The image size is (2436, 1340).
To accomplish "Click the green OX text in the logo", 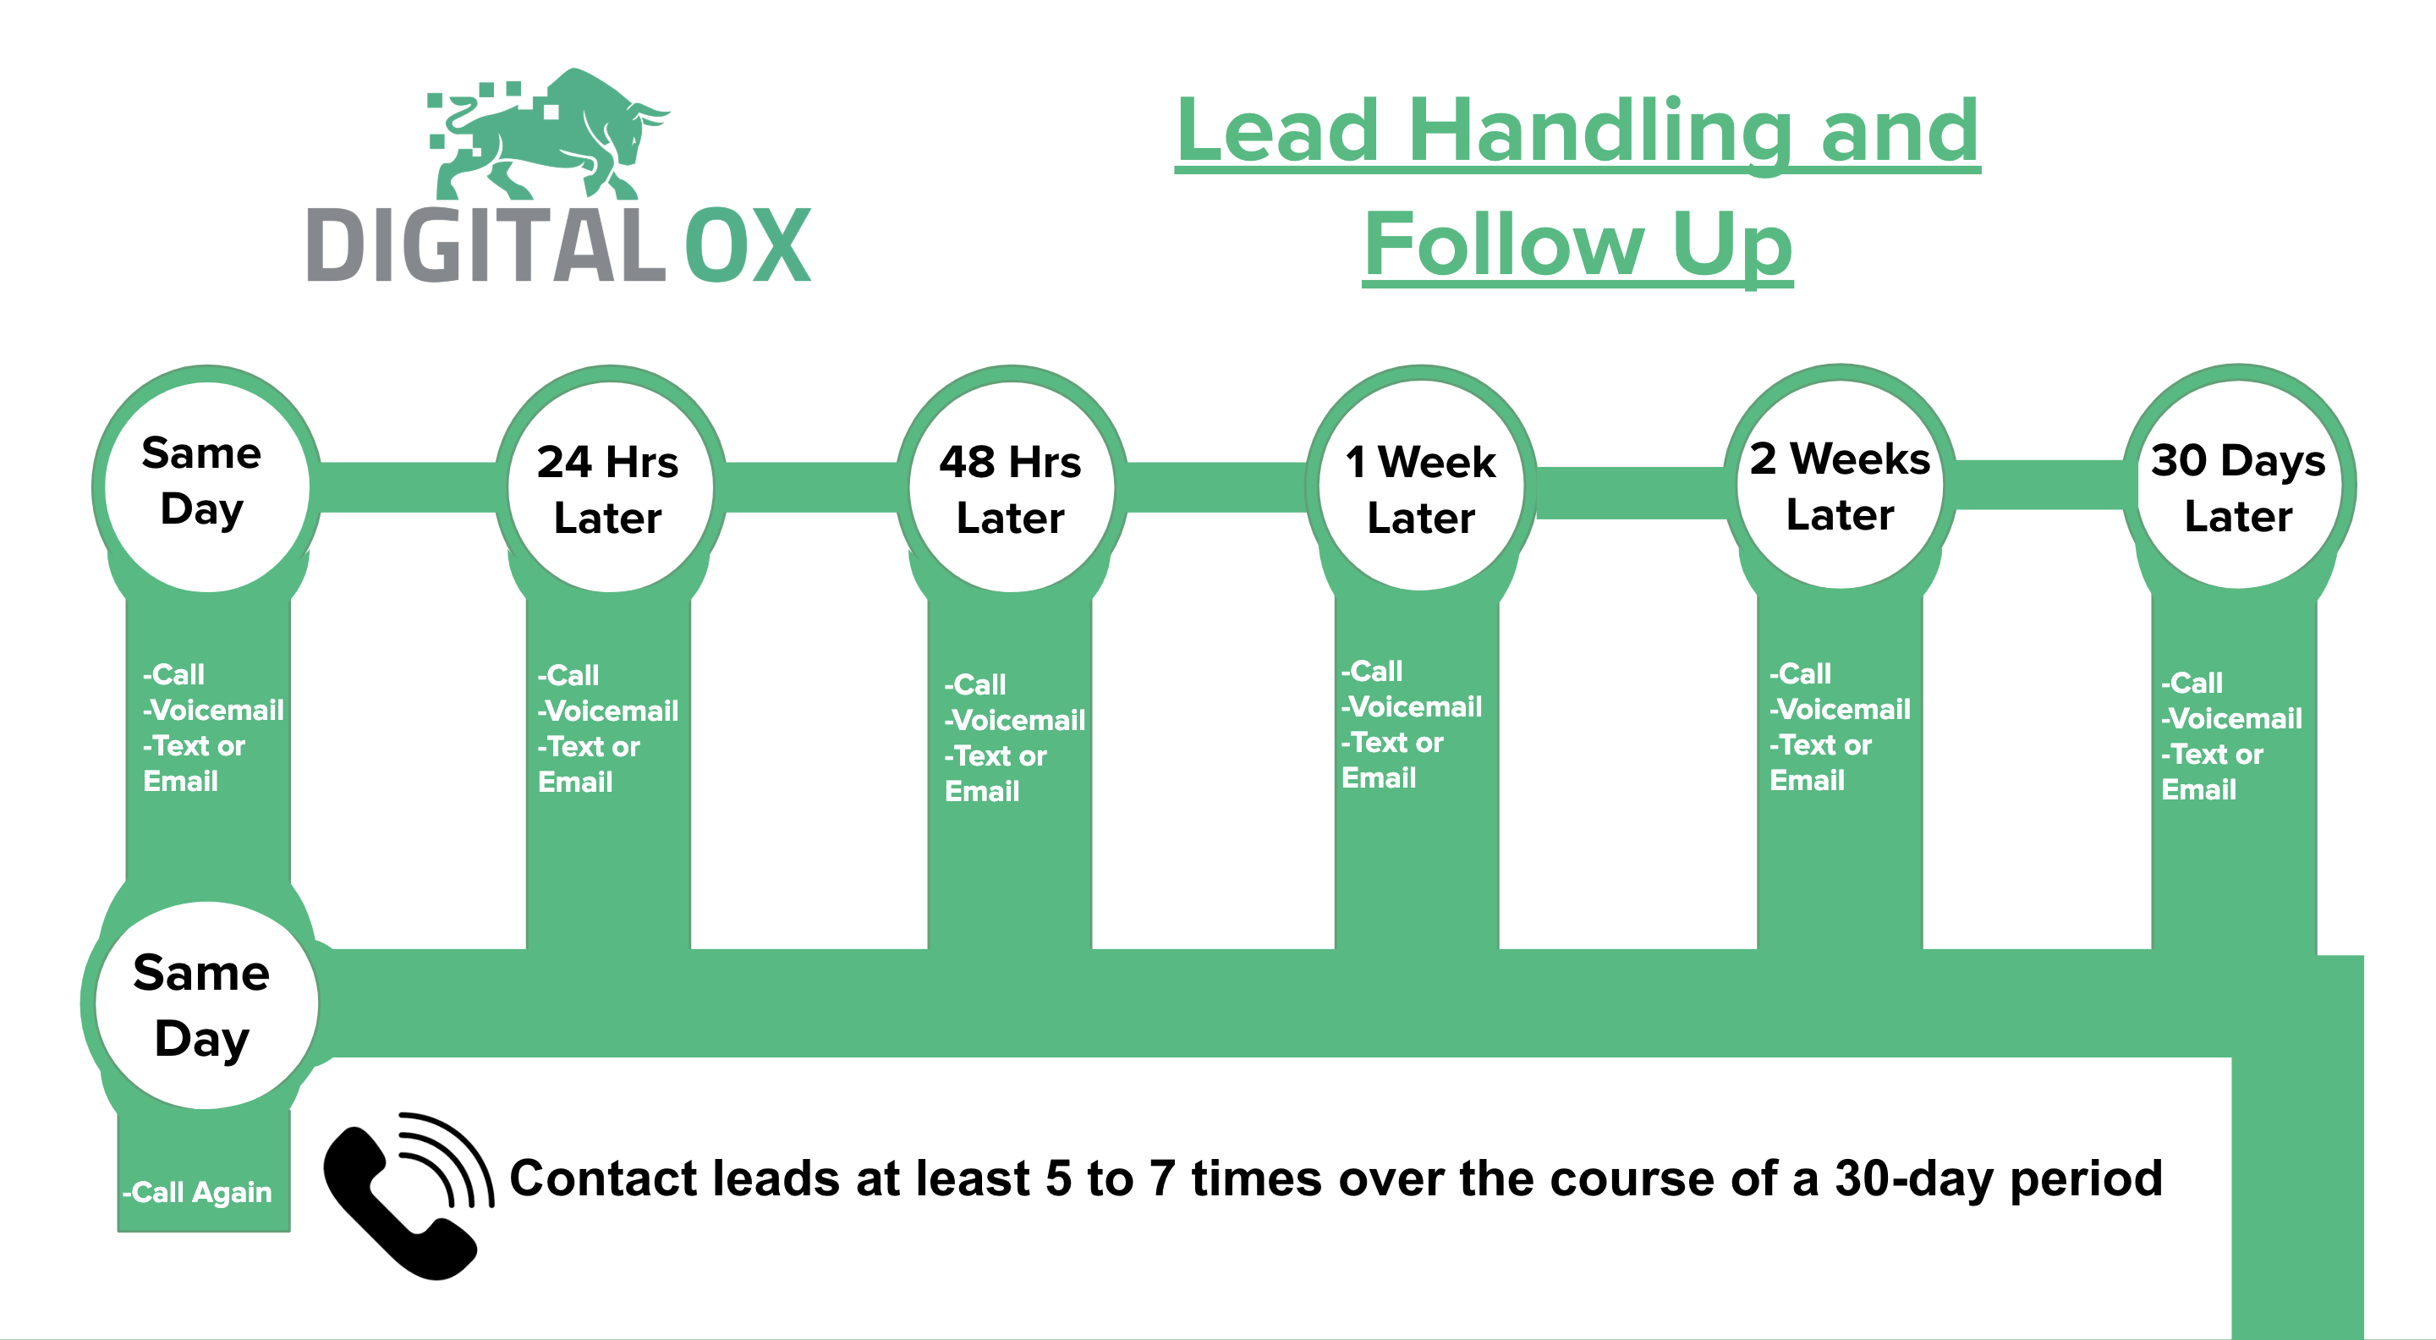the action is [x=748, y=245].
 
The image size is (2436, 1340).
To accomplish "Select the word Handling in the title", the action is [x=1600, y=134].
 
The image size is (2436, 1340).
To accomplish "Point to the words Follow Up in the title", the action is [x=1577, y=244].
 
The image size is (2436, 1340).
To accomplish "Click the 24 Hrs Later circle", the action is [x=610, y=488].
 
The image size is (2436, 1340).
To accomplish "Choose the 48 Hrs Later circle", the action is [x=1012, y=488].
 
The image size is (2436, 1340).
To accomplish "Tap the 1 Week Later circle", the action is [x=1421, y=486].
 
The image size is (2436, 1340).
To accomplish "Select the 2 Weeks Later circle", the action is [x=1841, y=485].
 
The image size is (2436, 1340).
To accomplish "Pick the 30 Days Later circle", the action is [x=2238, y=485].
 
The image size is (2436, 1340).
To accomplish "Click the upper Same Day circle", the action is [x=207, y=488].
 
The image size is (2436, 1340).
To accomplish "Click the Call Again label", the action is [x=198, y=1193].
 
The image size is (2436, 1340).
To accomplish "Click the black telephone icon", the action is [x=407, y=1196].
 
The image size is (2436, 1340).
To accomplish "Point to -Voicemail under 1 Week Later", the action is [x=1412, y=706].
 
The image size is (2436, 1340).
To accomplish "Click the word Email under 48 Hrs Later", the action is [x=983, y=792].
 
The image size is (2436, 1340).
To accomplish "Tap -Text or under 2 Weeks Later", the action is [x=1820, y=745].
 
